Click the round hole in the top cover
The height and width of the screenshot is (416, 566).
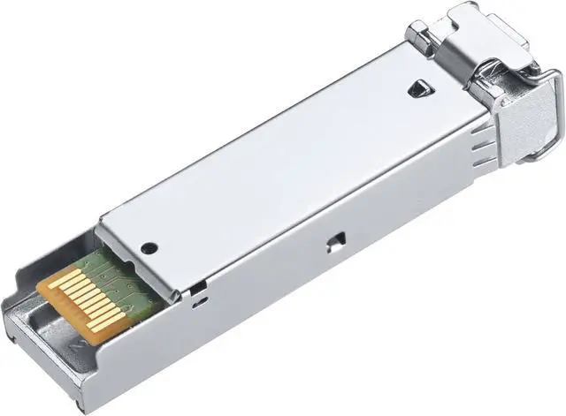[x=149, y=248]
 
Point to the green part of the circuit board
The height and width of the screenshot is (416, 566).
[x=119, y=273]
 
